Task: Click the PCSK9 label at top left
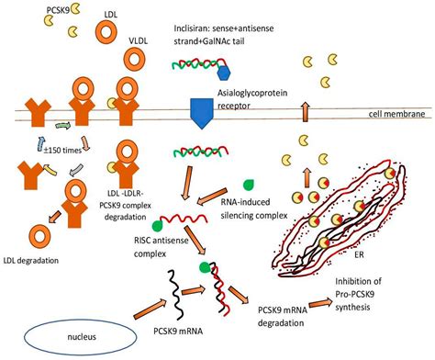[23, 8]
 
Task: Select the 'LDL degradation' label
[36, 260]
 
